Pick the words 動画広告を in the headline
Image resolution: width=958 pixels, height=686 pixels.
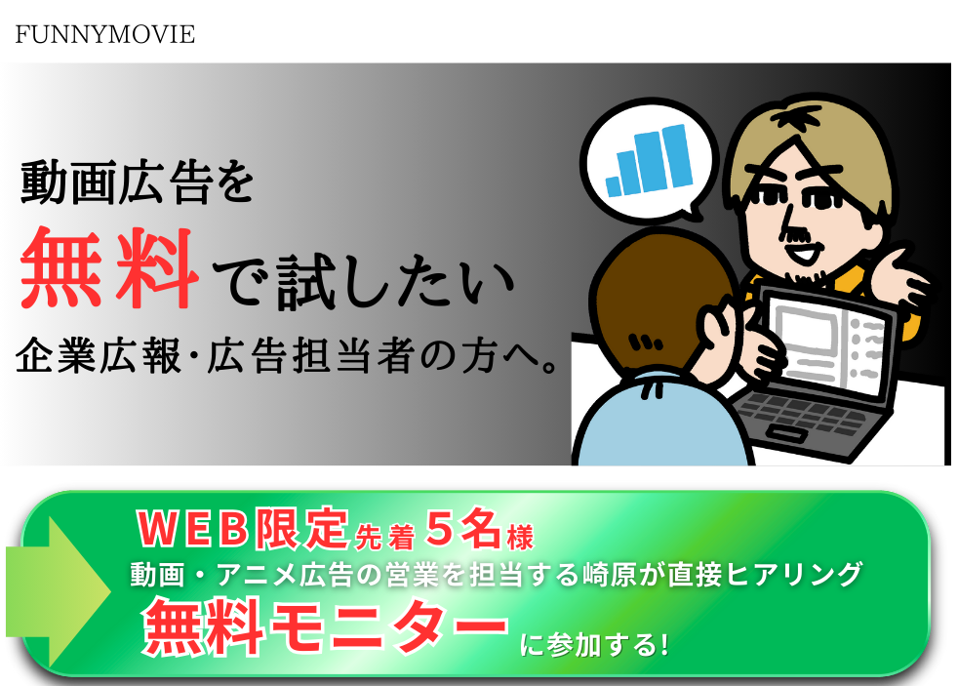[x=137, y=182]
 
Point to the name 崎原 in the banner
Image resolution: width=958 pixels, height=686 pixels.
[x=610, y=575]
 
